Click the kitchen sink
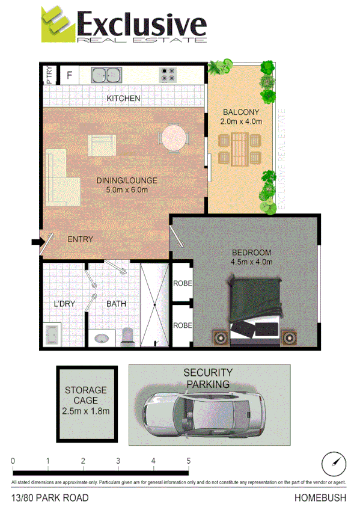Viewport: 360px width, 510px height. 106,75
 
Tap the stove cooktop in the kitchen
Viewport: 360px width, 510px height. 168,75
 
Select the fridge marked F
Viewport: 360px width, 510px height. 70,75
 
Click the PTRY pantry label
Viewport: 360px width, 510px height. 49,75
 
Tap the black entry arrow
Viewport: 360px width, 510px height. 36,242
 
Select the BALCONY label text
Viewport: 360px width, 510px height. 240,112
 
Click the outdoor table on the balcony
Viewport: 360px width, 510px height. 240,149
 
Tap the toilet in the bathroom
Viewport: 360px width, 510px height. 127,334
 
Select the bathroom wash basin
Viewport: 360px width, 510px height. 101,338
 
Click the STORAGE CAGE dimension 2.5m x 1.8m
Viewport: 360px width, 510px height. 85,411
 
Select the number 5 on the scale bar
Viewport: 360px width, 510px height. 189,461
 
